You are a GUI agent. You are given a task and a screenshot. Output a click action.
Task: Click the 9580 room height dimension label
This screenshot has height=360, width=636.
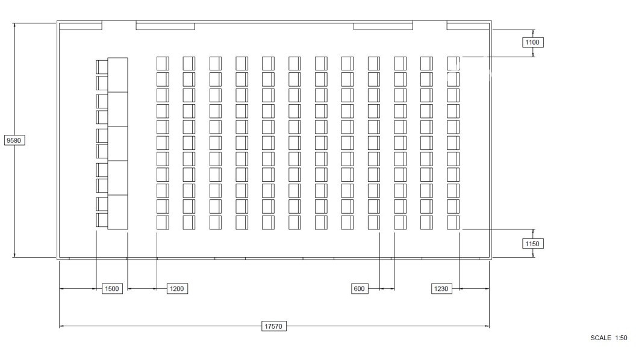(x=14, y=140)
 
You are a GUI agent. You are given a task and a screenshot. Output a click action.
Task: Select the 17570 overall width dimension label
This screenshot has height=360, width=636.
(x=273, y=326)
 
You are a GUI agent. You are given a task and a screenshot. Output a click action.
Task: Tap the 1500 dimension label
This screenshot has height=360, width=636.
(x=111, y=288)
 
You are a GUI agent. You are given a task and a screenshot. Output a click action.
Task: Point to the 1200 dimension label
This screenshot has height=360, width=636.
(x=177, y=288)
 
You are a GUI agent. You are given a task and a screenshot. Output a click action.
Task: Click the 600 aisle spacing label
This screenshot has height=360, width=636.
(x=360, y=288)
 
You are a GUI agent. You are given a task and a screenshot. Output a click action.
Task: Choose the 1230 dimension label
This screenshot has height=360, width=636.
(x=441, y=288)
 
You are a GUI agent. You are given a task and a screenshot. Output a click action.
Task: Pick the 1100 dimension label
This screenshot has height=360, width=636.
(x=532, y=42)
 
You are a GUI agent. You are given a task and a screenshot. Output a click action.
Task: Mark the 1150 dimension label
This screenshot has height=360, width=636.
(x=532, y=244)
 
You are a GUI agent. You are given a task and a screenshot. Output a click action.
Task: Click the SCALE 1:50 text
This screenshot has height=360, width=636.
(x=608, y=338)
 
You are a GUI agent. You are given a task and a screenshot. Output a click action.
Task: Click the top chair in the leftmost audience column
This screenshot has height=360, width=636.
(x=163, y=64)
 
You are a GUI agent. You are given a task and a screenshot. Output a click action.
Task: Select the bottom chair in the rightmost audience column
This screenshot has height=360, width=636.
(x=453, y=223)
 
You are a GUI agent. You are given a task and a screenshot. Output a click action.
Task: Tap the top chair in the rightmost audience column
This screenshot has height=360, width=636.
(x=453, y=64)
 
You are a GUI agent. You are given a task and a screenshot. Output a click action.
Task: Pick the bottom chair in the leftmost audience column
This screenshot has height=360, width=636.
(x=163, y=223)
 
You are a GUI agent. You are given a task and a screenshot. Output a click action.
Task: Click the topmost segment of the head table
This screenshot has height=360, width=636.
(x=117, y=75)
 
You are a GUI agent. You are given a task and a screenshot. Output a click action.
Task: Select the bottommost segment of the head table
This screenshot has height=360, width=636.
(x=117, y=212)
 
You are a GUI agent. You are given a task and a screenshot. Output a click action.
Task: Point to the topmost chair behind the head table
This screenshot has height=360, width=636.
(x=102, y=67)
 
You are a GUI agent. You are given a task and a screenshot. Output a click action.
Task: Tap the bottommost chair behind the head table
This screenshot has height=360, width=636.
(x=102, y=220)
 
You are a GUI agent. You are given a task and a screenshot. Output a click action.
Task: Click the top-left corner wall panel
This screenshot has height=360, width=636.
(x=80, y=26)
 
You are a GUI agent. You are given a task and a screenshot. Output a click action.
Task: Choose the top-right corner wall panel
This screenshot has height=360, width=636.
(x=468, y=26)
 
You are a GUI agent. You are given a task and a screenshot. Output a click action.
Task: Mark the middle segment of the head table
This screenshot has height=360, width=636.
(x=117, y=143)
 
